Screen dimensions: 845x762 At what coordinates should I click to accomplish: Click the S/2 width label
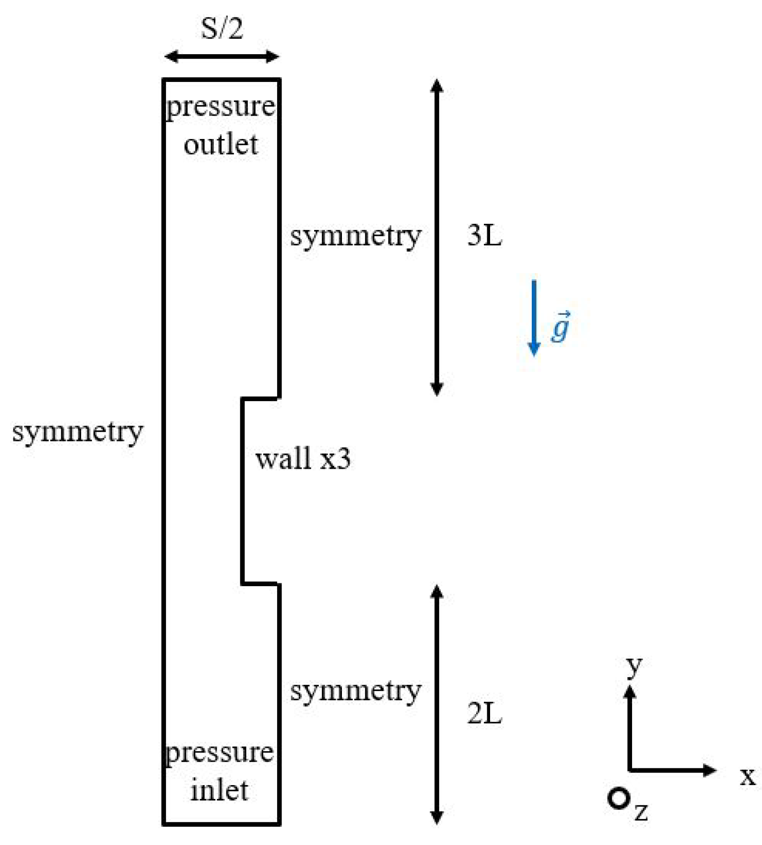click(x=222, y=28)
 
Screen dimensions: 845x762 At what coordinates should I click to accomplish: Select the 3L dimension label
click(x=484, y=235)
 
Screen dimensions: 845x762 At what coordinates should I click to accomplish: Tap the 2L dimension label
click(x=484, y=714)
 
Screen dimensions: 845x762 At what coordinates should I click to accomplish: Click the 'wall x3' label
click(x=303, y=459)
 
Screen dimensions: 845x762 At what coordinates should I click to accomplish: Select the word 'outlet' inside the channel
click(x=221, y=144)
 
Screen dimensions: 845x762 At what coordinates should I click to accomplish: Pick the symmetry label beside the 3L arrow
click(x=355, y=236)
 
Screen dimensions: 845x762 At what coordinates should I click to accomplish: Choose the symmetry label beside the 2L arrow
click(x=355, y=691)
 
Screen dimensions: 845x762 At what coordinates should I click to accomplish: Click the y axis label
click(x=634, y=665)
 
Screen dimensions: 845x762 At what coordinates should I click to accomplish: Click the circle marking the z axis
click(x=619, y=799)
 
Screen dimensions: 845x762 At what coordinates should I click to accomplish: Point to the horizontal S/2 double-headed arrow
click(x=222, y=57)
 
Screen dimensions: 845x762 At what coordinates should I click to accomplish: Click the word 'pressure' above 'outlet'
click(x=221, y=106)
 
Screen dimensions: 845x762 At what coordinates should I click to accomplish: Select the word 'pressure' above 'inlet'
click(x=220, y=753)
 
